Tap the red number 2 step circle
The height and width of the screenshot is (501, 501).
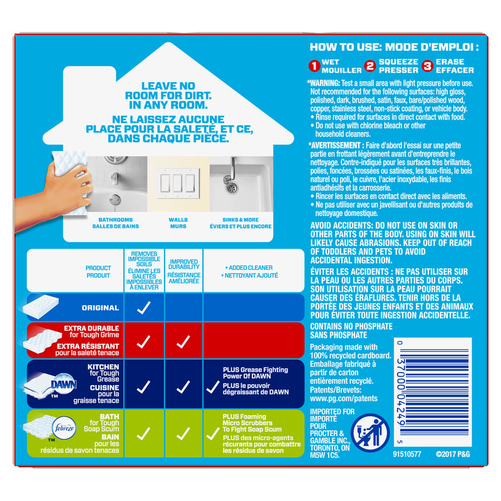(370, 66)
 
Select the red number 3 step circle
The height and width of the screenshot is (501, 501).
(428, 66)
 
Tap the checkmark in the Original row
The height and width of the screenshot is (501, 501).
(143, 308)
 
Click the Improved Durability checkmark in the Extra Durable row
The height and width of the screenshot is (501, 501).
(183, 342)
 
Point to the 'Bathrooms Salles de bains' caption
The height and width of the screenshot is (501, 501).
(115, 223)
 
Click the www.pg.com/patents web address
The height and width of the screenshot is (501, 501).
(342, 398)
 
